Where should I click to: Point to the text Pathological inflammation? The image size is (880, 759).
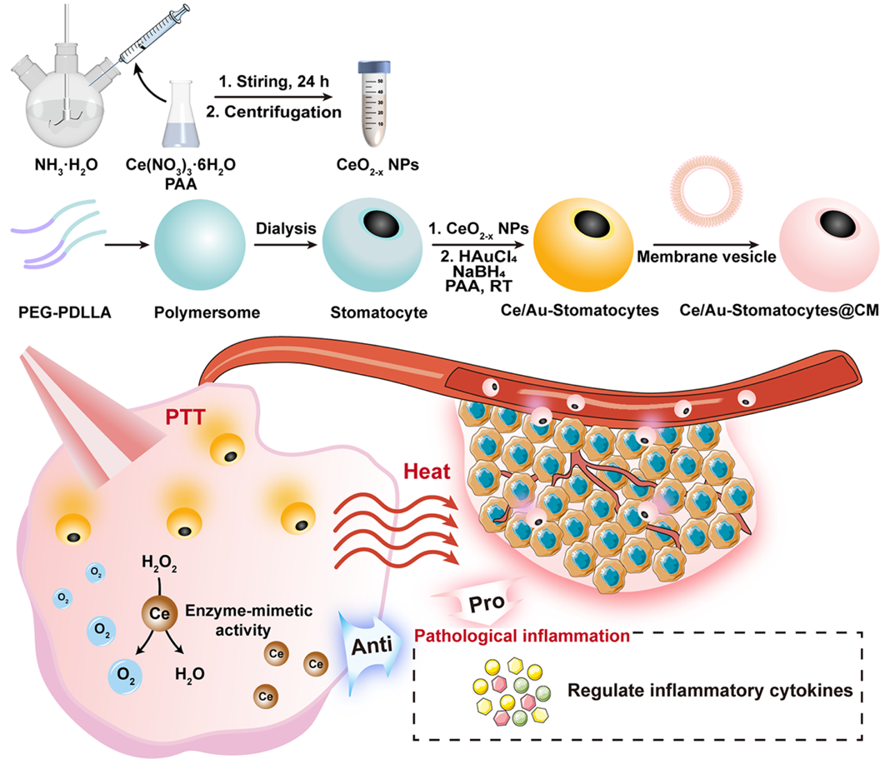[x=521, y=637]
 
